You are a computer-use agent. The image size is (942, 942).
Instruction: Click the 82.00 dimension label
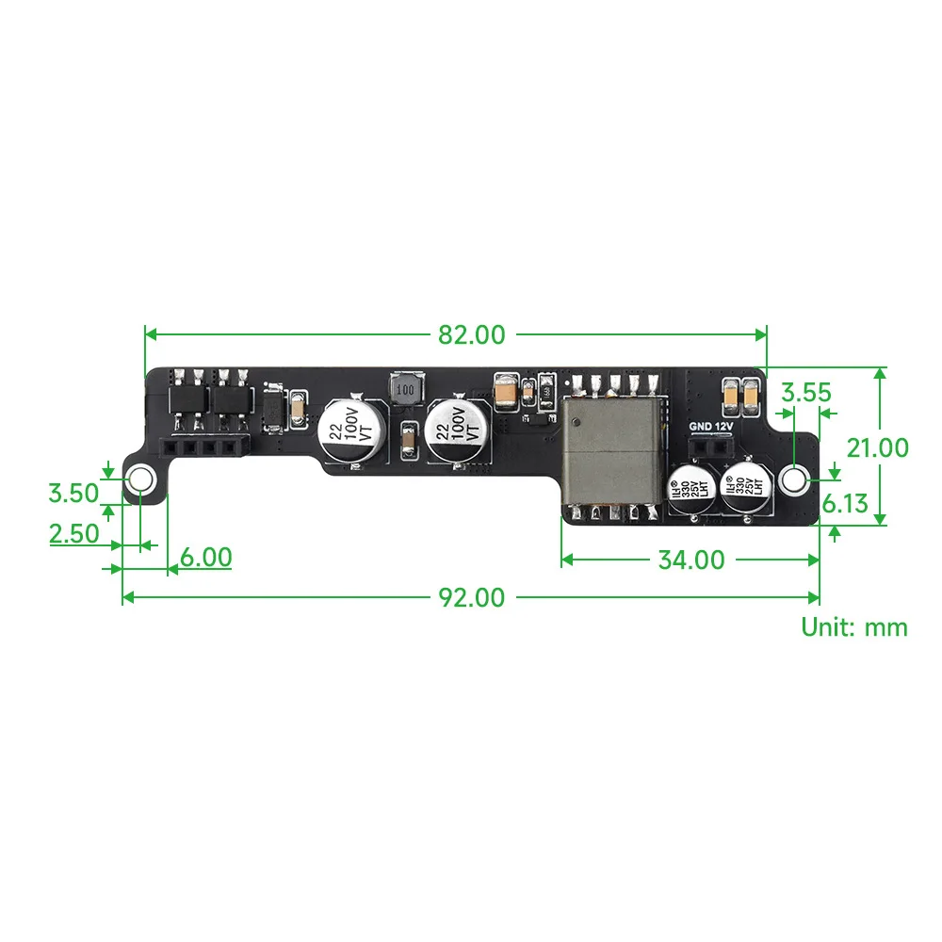click(x=471, y=333)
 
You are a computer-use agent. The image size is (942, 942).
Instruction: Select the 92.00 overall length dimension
click(x=470, y=596)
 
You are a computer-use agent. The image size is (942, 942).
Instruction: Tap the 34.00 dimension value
click(x=690, y=560)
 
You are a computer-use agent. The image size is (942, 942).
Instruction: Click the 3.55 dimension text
click(x=805, y=393)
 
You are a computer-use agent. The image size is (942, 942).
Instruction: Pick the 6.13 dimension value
click(x=844, y=504)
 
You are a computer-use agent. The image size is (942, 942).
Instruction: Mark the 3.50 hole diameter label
click(x=73, y=492)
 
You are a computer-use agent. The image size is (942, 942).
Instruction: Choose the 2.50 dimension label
click(x=73, y=533)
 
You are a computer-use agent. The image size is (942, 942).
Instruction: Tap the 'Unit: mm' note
click(x=854, y=626)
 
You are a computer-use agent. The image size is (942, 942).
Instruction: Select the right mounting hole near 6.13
click(x=795, y=480)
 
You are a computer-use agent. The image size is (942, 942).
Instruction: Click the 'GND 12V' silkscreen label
click(x=710, y=426)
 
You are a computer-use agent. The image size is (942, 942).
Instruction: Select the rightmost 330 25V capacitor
click(x=741, y=486)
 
